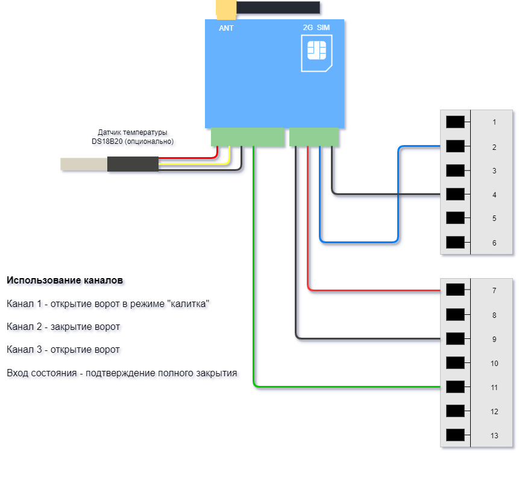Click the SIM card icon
pos(316,53)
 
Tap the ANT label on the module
pos(226,28)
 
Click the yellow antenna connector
pos(226,9)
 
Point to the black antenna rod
pos(278,7)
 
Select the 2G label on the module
pos(308,28)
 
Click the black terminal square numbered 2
pos(455,146)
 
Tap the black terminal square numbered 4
pos(455,194)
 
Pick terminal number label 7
pos(494,291)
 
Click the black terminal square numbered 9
pos(455,338)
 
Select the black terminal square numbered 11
pos(455,386)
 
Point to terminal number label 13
pos(494,436)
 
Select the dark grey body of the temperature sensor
pos(133,164)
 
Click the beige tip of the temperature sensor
pos(84,164)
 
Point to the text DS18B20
pos(107,141)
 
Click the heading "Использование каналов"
pos(65,281)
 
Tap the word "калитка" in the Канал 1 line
pos(189,304)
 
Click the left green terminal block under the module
pos(248,137)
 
